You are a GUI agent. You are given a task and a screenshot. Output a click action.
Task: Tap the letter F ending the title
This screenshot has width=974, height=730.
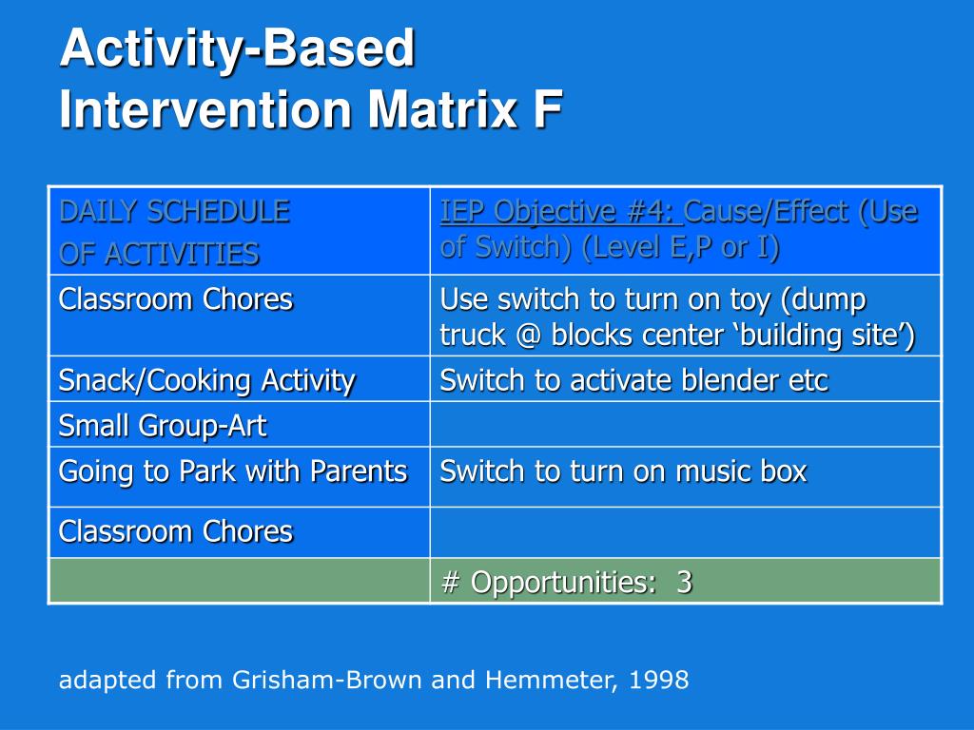[547, 109]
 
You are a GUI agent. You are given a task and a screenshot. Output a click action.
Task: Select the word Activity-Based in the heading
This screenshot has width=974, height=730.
[237, 49]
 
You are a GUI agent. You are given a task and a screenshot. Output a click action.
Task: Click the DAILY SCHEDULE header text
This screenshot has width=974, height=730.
[175, 211]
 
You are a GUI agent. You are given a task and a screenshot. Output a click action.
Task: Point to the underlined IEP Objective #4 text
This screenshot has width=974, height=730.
[561, 211]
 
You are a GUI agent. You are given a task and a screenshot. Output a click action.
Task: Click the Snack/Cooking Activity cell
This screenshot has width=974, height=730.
[206, 380]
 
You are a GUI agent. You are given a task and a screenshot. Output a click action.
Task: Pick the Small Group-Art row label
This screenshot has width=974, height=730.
[162, 426]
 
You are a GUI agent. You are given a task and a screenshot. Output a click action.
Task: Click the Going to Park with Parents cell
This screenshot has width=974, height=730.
[233, 471]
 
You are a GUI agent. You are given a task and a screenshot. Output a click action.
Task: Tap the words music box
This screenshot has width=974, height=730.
[741, 471]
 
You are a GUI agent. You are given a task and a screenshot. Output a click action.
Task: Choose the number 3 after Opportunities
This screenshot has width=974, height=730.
[684, 583]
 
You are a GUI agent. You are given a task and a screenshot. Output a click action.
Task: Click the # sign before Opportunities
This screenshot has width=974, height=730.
[450, 583]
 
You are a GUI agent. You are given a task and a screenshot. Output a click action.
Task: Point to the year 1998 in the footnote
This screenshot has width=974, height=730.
[658, 680]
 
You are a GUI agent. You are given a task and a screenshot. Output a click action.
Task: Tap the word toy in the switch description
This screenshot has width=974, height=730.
[751, 300]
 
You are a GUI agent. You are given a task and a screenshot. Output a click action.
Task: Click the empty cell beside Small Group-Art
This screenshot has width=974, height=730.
[685, 424]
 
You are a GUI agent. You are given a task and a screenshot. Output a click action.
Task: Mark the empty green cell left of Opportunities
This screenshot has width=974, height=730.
[239, 581]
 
